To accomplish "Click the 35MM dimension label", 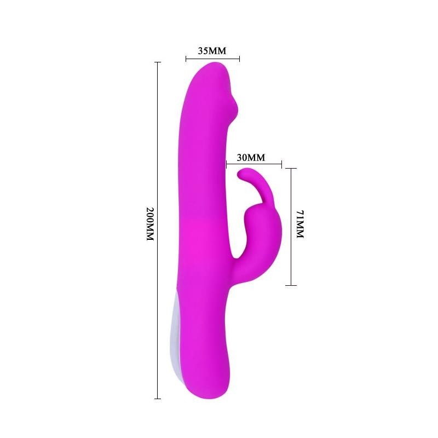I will click(x=211, y=51).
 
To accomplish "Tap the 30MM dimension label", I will click(x=251, y=158).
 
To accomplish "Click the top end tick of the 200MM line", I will click(x=158, y=62).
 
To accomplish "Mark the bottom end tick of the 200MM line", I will click(x=158, y=398).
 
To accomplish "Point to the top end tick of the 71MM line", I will click(x=291, y=168).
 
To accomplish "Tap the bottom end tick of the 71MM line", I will click(x=291, y=285).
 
